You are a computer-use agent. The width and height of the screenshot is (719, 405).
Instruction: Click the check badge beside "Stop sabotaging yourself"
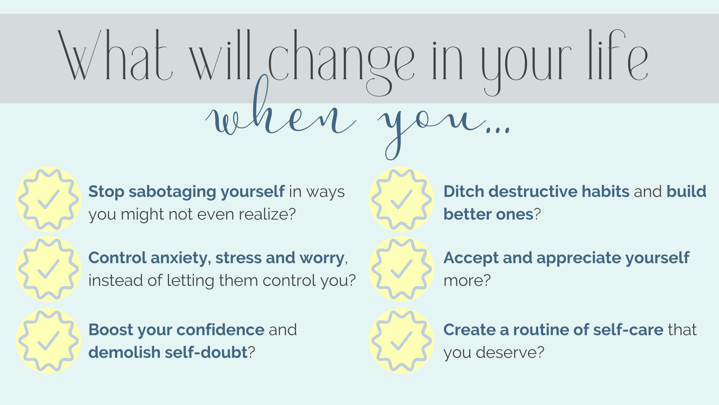[x=49, y=199]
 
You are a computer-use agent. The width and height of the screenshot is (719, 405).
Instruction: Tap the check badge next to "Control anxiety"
[x=49, y=269]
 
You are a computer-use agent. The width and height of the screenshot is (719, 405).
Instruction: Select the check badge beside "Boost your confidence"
[x=49, y=341]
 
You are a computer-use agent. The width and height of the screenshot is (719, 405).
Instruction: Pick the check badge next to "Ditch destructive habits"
[x=401, y=199]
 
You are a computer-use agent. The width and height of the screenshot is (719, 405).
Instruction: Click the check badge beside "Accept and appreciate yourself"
[x=401, y=269]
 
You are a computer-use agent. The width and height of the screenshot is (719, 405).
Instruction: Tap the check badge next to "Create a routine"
[x=401, y=341]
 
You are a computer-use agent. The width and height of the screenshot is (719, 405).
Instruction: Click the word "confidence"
[x=221, y=330]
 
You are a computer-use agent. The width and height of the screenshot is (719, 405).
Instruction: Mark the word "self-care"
[x=628, y=330]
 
